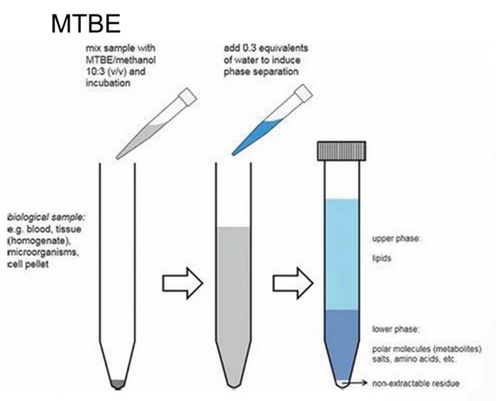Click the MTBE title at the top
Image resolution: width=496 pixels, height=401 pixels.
[86, 23]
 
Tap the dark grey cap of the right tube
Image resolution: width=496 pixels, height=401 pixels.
[341, 150]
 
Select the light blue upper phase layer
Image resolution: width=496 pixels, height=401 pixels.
[341, 255]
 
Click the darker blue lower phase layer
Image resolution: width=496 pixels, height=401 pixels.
[341, 341]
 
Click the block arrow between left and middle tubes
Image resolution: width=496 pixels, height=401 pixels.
[183, 283]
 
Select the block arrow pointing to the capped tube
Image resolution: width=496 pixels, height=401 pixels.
[293, 283]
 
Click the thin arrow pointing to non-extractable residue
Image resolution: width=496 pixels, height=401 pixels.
[355, 384]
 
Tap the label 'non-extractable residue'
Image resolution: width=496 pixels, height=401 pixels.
[416, 384]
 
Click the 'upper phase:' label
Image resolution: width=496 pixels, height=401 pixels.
[396, 239]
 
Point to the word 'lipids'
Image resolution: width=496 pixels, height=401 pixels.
[381, 258]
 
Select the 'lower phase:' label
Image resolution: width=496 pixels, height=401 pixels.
[395, 329]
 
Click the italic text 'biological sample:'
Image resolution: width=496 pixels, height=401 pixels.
[46, 217]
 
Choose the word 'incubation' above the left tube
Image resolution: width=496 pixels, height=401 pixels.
[107, 84]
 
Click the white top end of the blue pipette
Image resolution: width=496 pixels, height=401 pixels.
[303, 94]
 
